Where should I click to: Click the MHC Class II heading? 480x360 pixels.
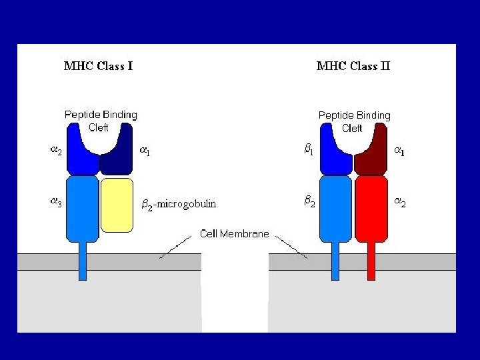[x=353, y=66]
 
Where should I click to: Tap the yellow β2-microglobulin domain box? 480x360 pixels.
[x=117, y=204]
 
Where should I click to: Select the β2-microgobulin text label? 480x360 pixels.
[x=179, y=204]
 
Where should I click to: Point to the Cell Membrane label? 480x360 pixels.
[x=235, y=234]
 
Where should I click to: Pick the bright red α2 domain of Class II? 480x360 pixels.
[x=371, y=208]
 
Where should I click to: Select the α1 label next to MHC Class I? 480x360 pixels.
[x=144, y=151]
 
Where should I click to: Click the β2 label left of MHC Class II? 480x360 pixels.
[x=309, y=200]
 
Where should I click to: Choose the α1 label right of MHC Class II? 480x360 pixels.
[x=399, y=152]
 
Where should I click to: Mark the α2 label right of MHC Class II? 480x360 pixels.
[x=399, y=203]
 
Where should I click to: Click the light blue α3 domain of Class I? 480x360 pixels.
[x=83, y=207]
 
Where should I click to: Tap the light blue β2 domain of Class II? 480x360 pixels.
[x=335, y=208]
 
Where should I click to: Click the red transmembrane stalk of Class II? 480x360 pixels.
[x=371, y=260]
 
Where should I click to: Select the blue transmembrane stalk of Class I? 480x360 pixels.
[x=83, y=260]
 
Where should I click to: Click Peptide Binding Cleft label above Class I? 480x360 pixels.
[x=100, y=121]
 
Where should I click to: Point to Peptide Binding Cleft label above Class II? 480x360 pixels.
[x=354, y=121]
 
